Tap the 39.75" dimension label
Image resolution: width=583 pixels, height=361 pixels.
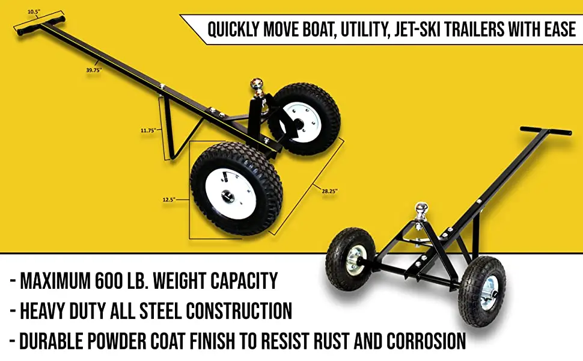94,70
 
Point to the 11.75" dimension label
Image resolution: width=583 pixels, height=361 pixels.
148,129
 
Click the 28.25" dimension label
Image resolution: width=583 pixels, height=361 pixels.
329,191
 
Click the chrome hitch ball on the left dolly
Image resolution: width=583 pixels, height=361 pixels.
257,84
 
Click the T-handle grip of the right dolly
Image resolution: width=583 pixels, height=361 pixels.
546,131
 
